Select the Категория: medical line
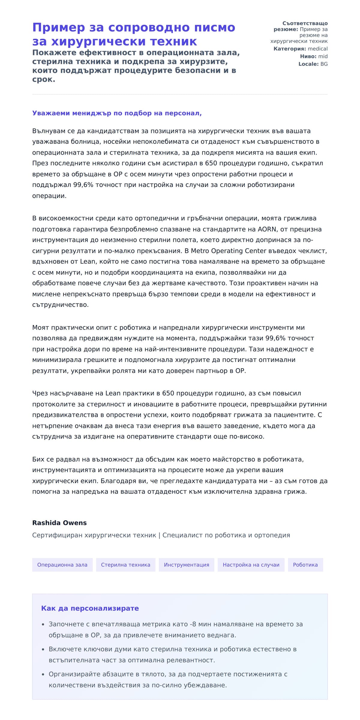300,49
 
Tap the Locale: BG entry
313,64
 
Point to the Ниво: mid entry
313,56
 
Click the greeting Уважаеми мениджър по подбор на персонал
117,113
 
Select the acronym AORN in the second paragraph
267,229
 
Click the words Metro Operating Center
228,251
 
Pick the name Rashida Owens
59,523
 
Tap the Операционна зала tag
62,565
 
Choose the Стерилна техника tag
125,565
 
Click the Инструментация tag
186,565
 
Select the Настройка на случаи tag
251,565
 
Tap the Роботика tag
305,565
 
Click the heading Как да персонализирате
90,608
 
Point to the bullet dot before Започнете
43,624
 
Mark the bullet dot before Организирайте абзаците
43,674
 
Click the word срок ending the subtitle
43,80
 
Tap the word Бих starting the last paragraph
38,459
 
